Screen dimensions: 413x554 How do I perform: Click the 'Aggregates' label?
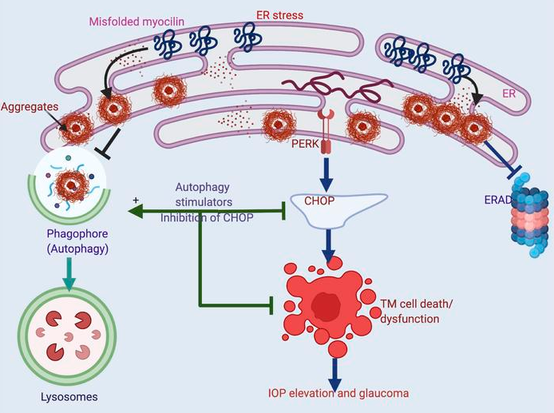[x=30, y=105]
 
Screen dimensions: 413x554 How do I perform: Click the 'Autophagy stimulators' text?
[x=204, y=195]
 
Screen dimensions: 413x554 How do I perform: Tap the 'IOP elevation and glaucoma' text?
[x=338, y=393]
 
